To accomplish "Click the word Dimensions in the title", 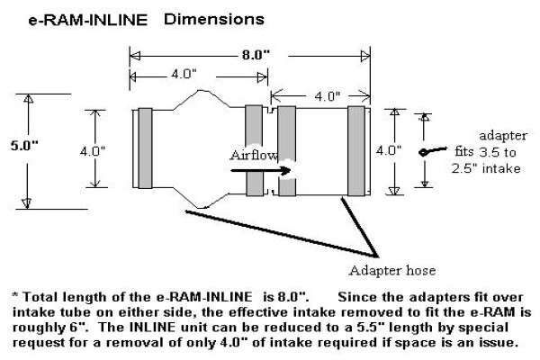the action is (x=214, y=19).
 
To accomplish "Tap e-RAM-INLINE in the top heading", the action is (x=88, y=21).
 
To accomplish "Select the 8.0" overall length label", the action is (x=256, y=55).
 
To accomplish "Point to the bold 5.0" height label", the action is (x=24, y=146).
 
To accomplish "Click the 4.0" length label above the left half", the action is (x=184, y=74).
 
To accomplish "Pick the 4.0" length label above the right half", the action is (x=328, y=96).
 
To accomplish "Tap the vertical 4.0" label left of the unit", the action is (x=93, y=151).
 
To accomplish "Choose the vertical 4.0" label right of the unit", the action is (x=389, y=150).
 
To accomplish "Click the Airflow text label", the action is (x=254, y=155).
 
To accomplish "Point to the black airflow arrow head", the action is (x=286, y=170).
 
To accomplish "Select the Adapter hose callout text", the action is (x=392, y=270).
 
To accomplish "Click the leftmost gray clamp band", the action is (x=145, y=148).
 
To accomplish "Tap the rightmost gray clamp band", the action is (x=356, y=151).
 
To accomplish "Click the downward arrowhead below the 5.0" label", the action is (x=27, y=203).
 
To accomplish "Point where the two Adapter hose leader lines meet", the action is (x=378, y=256).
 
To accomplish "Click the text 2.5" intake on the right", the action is (x=486, y=168).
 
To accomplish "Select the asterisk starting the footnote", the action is (x=15, y=295).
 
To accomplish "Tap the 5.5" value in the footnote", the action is (x=371, y=327).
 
